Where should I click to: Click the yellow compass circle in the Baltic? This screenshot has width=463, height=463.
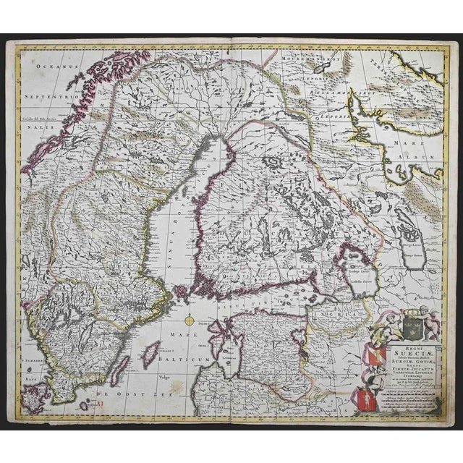tap(190, 320)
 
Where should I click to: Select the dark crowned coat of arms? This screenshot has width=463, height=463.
tap(409, 318)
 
